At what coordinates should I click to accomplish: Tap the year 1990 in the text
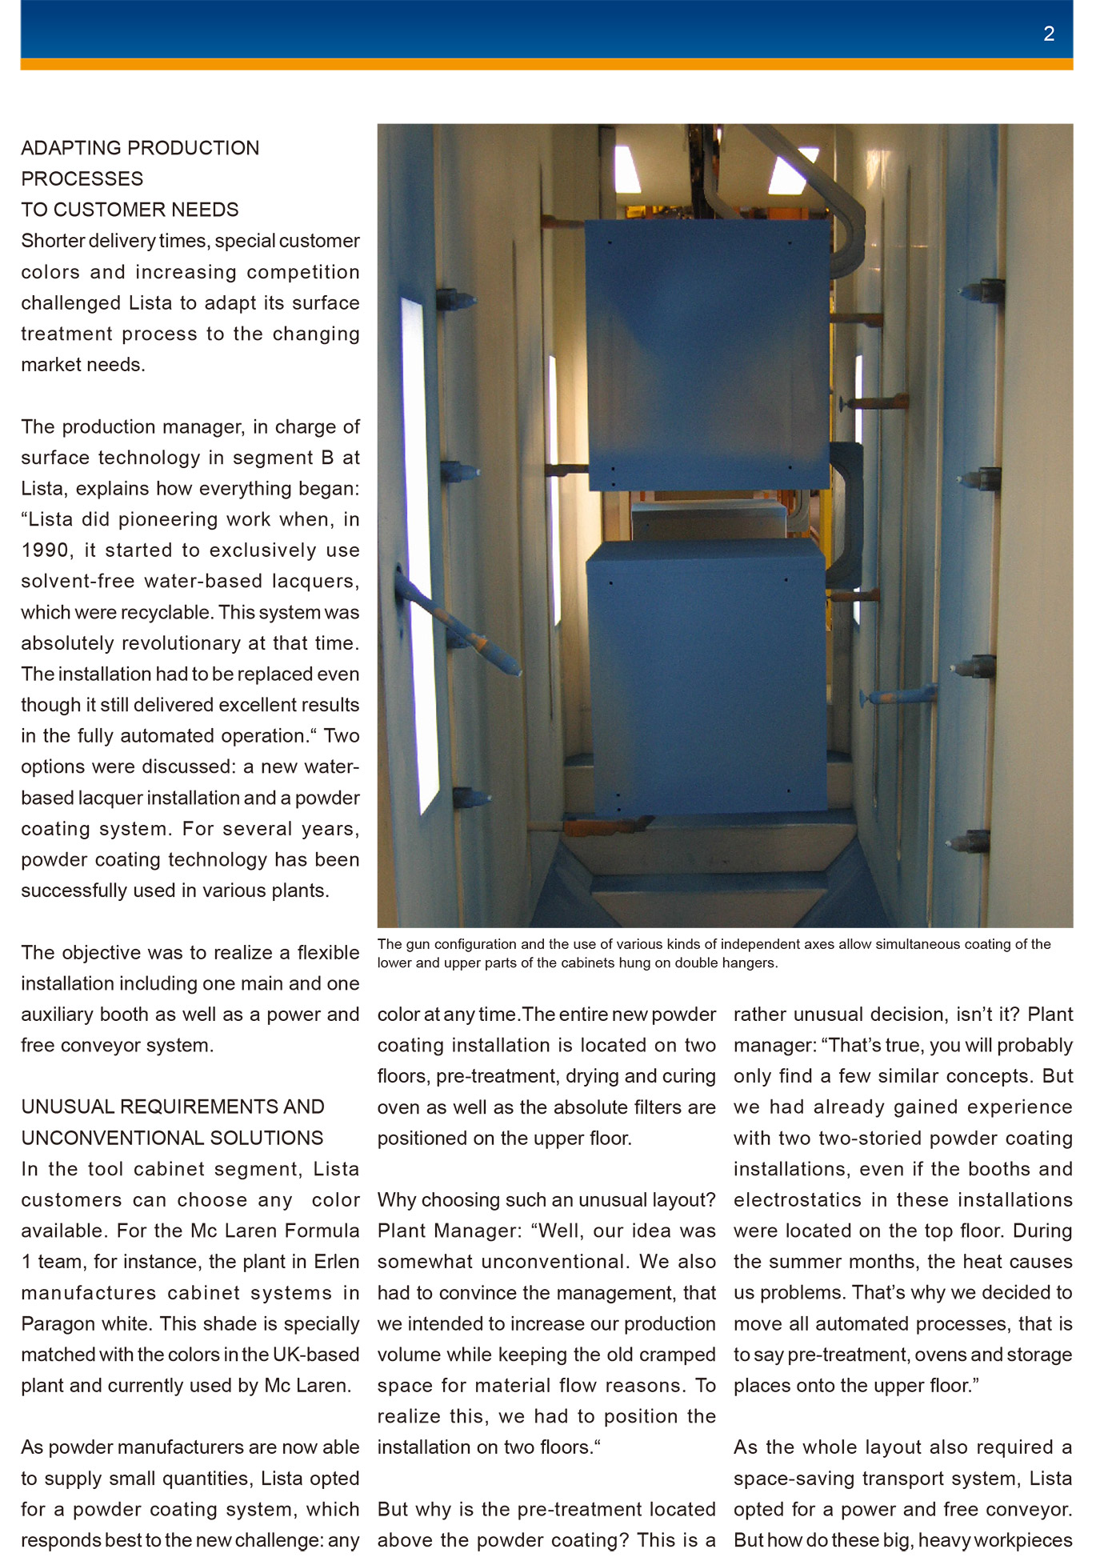[x=45, y=550]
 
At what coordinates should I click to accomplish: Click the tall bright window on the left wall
[x=419, y=552]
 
